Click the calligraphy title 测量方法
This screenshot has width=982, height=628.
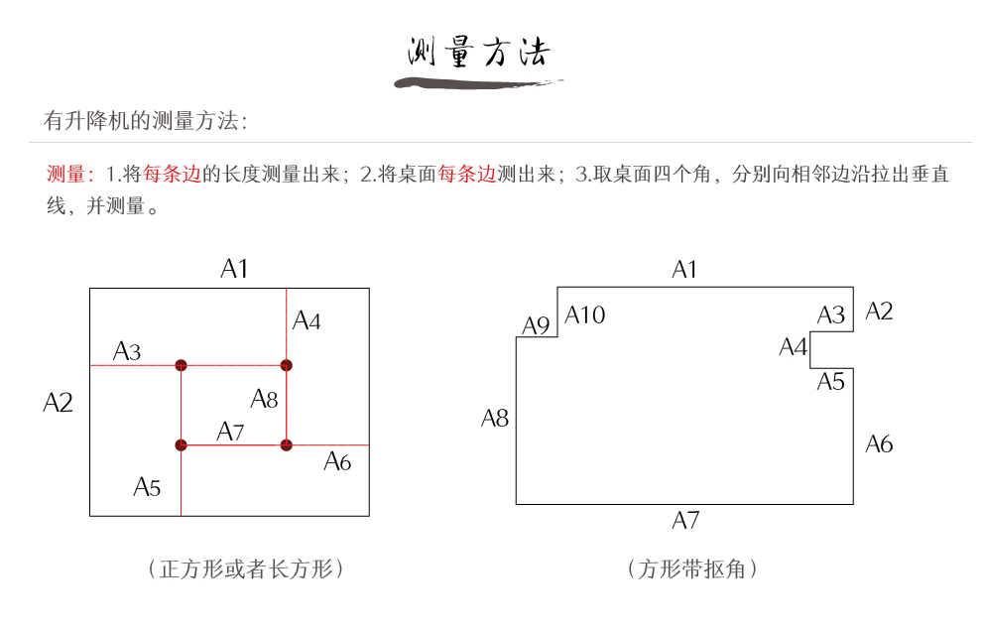[478, 52]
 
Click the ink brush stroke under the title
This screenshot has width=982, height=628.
[478, 82]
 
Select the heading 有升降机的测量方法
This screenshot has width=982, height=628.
[145, 121]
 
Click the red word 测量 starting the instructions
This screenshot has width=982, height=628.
[66, 175]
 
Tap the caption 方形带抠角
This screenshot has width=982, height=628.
[692, 568]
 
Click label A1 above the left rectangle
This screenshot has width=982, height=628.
[234, 269]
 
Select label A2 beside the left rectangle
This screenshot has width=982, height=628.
[59, 403]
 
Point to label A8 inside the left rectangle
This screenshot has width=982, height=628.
[264, 399]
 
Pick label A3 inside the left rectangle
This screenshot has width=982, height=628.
[127, 351]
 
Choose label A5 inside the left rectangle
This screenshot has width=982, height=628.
[147, 487]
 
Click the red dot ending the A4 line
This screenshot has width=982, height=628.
[286, 365]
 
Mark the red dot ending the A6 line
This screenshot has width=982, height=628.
[286, 444]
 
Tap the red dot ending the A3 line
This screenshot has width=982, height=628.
[181, 365]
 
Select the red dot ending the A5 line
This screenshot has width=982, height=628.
[181, 444]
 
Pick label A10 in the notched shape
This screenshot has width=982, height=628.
[585, 315]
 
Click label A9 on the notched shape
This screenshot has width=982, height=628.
[536, 325]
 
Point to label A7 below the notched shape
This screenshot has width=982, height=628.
[685, 520]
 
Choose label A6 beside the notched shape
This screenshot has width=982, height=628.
[879, 443]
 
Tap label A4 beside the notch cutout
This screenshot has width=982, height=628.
[793, 347]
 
